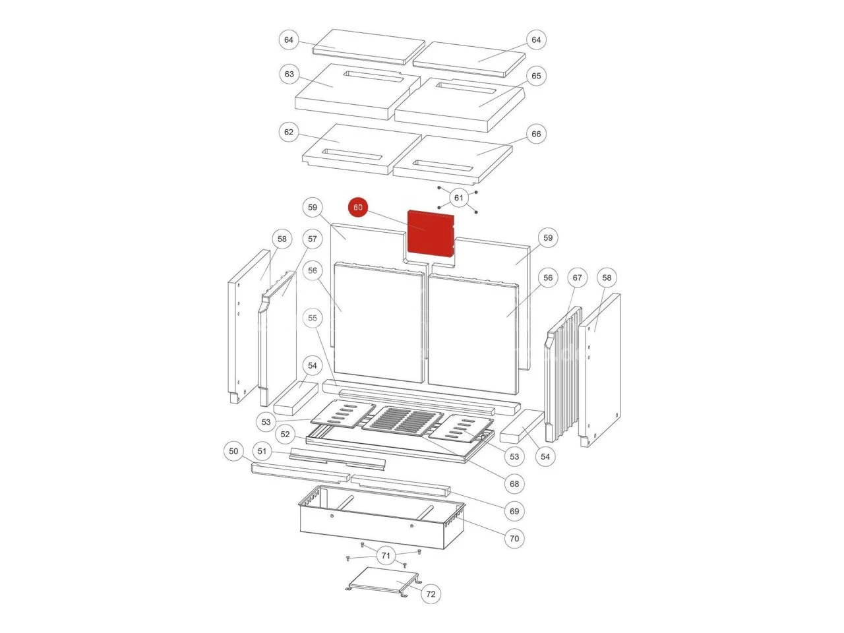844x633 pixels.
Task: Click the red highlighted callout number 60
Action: click(357, 208)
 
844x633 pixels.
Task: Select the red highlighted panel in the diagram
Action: click(431, 233)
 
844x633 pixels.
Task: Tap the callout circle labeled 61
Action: click(458, 198)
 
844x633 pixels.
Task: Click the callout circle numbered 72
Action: click(431, 594)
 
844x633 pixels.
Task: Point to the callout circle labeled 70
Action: click(514, 539)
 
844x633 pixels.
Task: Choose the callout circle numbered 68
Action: click(514, 484)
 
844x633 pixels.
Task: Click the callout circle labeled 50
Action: click(233, 451)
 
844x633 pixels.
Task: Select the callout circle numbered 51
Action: click(262, 451)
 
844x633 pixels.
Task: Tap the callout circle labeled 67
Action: click(577, 278)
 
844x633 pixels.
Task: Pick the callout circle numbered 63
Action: click(289, 74)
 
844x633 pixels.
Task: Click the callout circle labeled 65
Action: click(536, 76)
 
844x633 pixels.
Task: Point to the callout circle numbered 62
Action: click(288, 133)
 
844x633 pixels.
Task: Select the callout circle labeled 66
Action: click(536, 134)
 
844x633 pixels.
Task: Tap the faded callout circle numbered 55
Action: click(313, 318)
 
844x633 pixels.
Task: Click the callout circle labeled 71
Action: click(386, 556)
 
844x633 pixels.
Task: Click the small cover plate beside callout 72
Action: click(382, 581)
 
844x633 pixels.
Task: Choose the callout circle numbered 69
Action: click(514, 511)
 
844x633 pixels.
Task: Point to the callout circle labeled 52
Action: click(285, 435)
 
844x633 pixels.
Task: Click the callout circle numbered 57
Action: click(313, 239)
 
